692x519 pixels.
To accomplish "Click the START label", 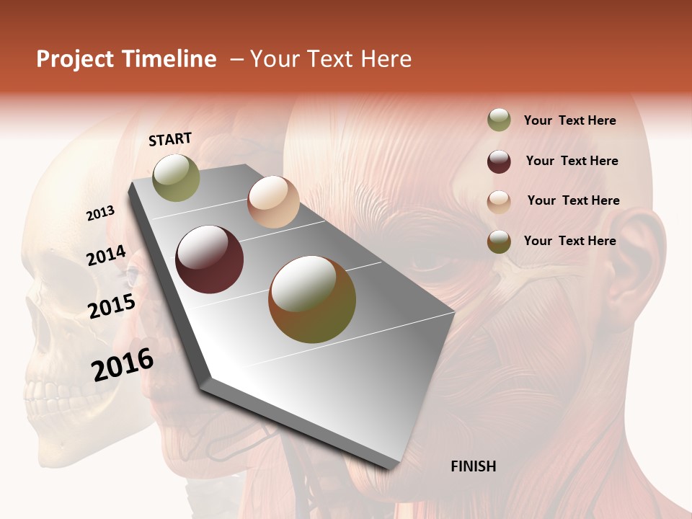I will pos(170,139).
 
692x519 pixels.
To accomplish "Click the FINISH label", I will pos(473,466).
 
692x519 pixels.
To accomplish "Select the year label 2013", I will pos(101,213).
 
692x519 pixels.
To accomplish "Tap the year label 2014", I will pos(107,256).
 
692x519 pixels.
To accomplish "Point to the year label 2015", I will pos(112,306).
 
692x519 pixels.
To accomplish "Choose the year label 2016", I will pos(123,364).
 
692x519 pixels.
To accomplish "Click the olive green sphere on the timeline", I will pos(177,178).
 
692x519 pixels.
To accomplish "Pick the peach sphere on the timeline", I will pos(273,202).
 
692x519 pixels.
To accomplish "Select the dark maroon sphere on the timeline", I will pos(210,259).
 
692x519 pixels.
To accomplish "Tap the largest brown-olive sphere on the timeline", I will pos(312,299).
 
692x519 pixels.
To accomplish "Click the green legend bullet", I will pos(499,120).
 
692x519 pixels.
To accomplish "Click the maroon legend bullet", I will pos(499,161).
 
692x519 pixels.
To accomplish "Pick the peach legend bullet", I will pos(499,201).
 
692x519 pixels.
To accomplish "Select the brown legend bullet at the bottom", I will pos(499,241).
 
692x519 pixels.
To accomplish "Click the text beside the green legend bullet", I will pos(569,120).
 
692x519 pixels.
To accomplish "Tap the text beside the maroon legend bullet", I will pos(572,161).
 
